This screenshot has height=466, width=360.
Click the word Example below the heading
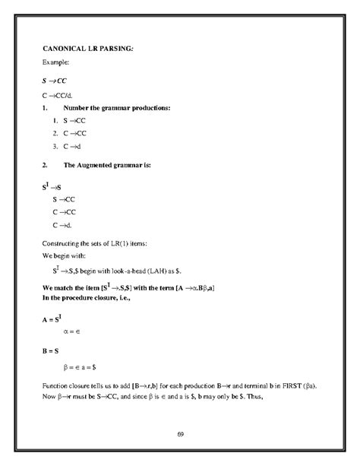click(55, 62)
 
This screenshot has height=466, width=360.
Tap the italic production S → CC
click(54, 80)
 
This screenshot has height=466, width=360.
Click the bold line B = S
click(52, 352)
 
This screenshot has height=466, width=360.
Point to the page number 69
click(180, 434)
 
